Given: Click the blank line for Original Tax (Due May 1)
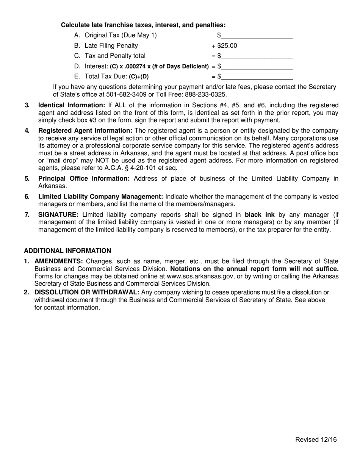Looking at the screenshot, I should point(257,36).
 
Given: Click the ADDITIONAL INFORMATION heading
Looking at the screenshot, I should point(67,251).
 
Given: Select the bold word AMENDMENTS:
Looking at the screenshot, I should point(59,261).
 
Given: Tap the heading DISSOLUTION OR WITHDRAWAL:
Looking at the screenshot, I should point(87,292).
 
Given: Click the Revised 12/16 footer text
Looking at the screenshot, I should point(316,439).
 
